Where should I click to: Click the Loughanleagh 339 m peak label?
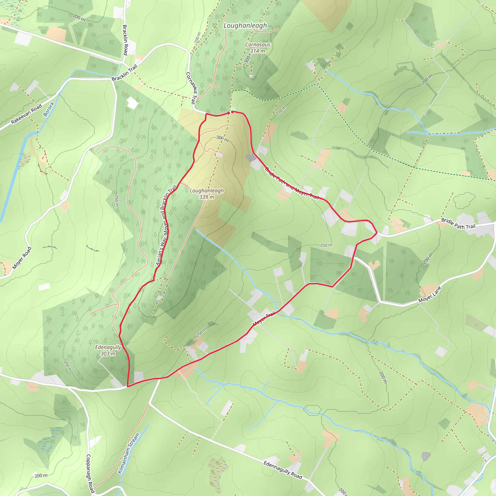(207, 194)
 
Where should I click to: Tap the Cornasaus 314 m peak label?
(257, 48)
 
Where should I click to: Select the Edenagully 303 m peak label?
(108, 350)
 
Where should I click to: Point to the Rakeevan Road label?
(26, 114)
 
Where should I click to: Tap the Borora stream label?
(48, 109)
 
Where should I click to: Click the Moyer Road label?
(22, 258)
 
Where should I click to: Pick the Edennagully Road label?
(283, 470)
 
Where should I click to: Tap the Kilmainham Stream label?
(129, 453)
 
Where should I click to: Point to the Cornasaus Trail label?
(192, 88)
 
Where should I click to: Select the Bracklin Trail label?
(125, 73)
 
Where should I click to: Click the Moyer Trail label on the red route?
(264, 318)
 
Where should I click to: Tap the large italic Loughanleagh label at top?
(245, 25)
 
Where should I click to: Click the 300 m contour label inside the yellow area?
(222, 139)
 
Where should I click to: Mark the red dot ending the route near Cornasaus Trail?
(229, 113)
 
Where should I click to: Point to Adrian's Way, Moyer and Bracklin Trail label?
(166, 225)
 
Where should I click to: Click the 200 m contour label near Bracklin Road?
(79, 18)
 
